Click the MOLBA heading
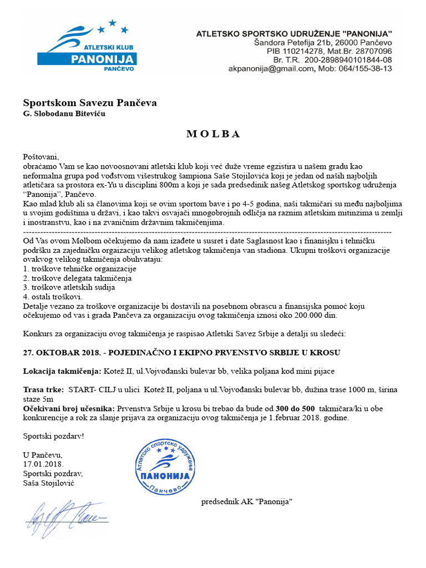pyautogui.click(x=212, y=134)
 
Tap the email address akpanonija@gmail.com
pyautogui.click(x=271, y=69)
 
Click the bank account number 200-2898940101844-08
pyautogui.click(x=348, y=60)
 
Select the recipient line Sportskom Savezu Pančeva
pyautogui.click(x=90, y=103)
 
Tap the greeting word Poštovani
pyautogui.click(x=40, y=156)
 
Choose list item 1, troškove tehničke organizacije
pyautogui.click(x=79, y=268)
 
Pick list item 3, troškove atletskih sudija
pyautogui.click(x=69, y=287)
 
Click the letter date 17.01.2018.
pyautogui.click(x=43, y=464)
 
